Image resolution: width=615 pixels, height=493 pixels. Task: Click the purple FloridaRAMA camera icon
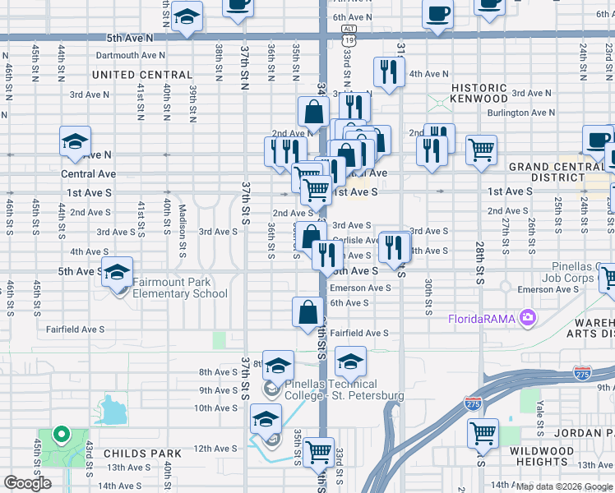[x=528, y=318]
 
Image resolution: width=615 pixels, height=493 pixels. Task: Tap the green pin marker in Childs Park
[x=59, y=434]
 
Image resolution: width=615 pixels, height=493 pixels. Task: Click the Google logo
[x=28, y=483]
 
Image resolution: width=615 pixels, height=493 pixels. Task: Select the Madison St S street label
[x=183, y=222]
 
